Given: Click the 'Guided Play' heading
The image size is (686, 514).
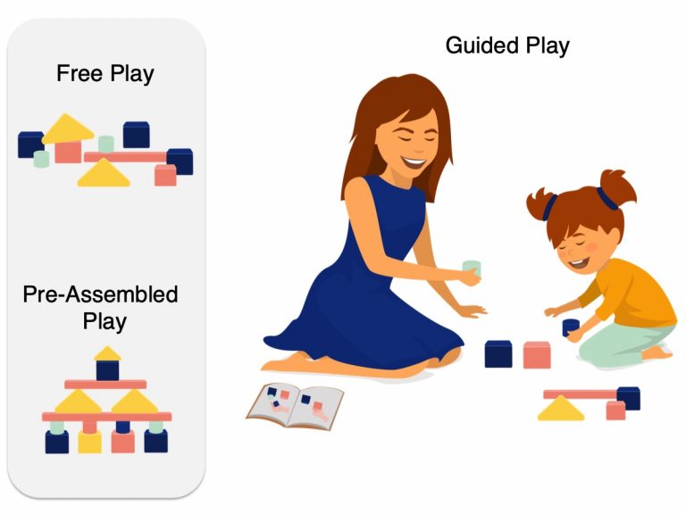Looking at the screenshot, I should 506,46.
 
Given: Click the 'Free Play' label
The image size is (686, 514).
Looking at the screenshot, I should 105,73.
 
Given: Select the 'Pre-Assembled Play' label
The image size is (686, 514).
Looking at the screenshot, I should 100,306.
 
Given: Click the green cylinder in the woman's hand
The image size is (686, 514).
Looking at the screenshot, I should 471,269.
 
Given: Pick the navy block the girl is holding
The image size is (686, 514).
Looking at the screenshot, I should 571,327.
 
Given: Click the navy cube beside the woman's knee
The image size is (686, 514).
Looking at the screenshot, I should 498,354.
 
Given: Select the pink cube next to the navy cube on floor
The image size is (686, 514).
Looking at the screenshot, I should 536,354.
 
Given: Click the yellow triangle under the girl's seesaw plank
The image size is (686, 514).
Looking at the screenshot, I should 560,410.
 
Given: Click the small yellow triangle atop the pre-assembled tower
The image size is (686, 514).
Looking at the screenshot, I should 107,353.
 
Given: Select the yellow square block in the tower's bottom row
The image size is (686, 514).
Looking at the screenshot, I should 89,441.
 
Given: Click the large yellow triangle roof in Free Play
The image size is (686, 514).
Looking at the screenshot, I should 68,129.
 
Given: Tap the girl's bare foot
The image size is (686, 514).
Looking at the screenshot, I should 657,352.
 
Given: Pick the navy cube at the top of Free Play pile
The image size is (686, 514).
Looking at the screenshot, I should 136,135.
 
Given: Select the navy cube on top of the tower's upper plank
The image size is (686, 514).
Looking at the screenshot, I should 107,369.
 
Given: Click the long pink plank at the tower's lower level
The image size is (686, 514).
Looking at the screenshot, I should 107,417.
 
